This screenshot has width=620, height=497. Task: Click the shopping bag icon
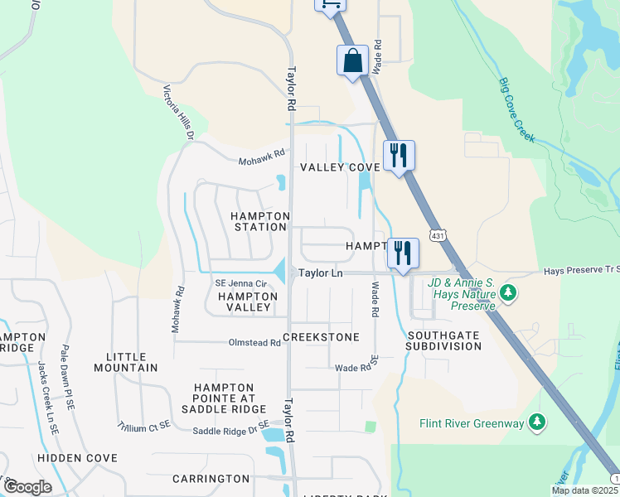click(352, 61)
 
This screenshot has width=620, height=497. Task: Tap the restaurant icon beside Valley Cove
click(399, 155)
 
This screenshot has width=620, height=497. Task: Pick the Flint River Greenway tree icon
click(538, 423)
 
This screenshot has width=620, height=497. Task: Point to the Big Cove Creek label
click(518, 109)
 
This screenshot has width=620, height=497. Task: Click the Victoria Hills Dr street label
click(178, 113)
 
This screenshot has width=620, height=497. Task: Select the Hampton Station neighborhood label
click(259, 221)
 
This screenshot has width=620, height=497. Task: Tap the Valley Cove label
click(339, 167)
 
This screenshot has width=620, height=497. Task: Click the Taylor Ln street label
click(321, 272)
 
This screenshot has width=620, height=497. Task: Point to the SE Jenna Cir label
click(241, 284)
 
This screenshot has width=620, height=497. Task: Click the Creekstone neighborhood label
click(321, 337)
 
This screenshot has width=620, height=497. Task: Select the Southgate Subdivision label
click(443, 340)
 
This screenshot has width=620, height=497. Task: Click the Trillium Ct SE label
click(143, 424)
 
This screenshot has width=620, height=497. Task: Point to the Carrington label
click(211, 479)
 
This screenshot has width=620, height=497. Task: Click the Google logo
click(27, 486)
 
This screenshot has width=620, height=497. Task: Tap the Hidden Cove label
click(79, 458)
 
